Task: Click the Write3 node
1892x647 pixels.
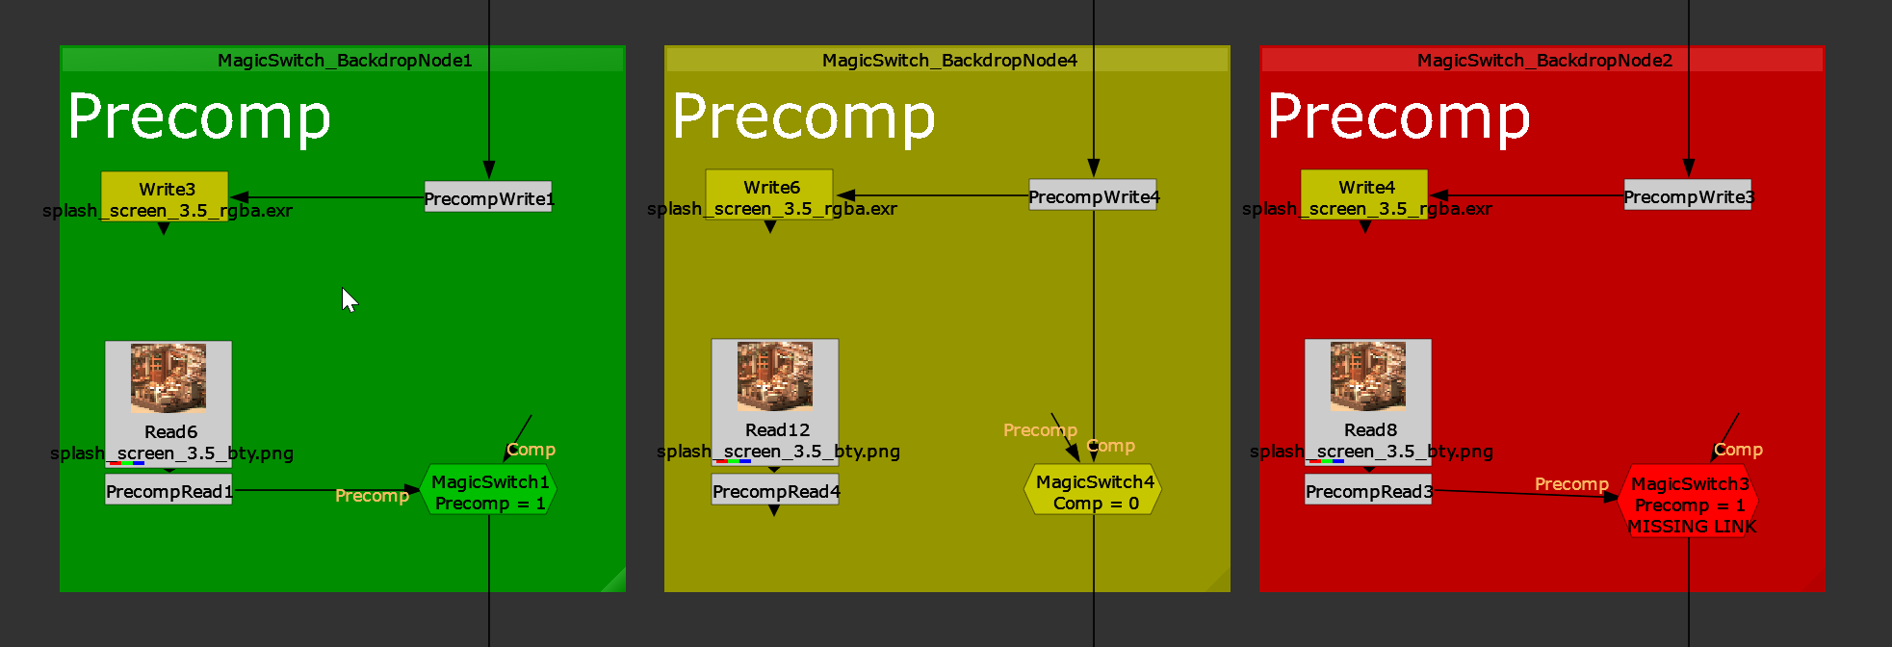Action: (x=165, y=190)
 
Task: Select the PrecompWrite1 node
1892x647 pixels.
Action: (x=488, y=198)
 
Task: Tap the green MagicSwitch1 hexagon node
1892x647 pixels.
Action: (x=489, y=492)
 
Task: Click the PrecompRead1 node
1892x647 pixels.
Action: (x=168, y=491)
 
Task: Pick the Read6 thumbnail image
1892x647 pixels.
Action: (x=168, y=378)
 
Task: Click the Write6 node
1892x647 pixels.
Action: (x=769, y=188)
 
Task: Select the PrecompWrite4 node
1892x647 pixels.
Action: (x=1093, y=196)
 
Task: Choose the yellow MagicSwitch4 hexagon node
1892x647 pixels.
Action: (x=1094, y=492)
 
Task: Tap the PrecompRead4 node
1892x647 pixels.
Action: (x=775, y=491)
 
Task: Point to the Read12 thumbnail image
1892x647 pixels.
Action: (x=775, y=376)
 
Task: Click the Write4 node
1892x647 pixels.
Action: (x=1364, y=188)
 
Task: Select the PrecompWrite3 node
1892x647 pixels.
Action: (x=1688, y=196)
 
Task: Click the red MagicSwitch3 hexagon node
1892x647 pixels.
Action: (x=1689, y=494)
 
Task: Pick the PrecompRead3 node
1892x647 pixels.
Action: (x=1368, y=491)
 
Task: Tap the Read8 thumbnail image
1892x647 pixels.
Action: (x=1368, y=376)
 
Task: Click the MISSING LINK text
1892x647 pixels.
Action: (x=1692, y=527)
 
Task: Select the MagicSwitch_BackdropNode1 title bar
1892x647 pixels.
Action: (x=344, y=60)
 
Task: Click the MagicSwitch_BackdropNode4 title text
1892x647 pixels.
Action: (x=949, y=60)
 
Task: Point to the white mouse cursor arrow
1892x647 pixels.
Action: (x=349, y=298)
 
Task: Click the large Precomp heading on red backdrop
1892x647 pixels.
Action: (x=1398, y=117)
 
